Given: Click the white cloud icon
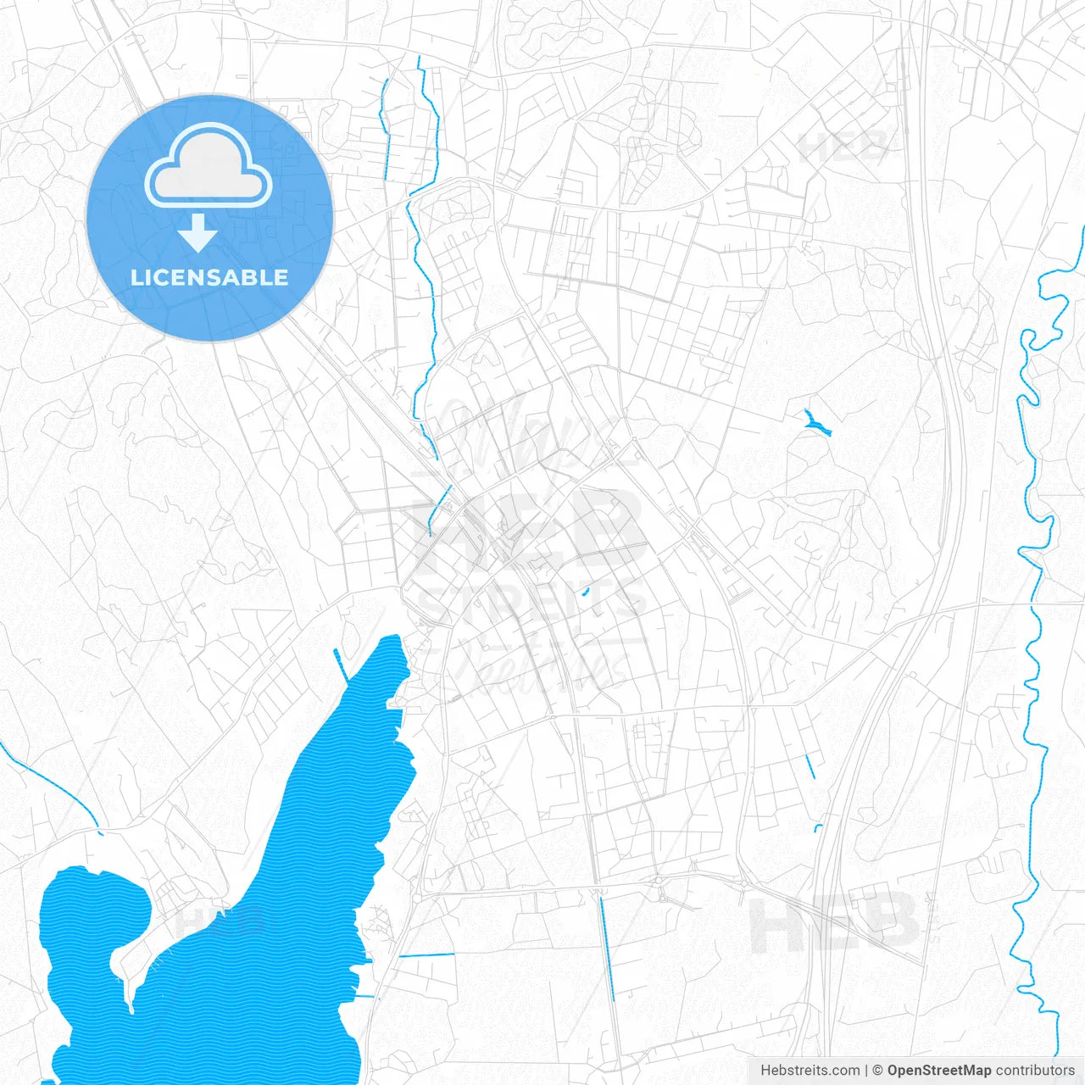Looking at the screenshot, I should coord(209,165).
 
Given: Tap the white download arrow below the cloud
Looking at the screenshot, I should coord(198,233).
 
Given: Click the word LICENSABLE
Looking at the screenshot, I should coord(209,277).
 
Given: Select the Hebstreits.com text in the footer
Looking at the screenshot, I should coord(810,1071).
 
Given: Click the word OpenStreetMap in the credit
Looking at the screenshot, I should coord(938,1071).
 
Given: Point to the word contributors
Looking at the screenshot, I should coord(1035,1071).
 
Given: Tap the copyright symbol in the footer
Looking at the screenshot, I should coord(878,1071).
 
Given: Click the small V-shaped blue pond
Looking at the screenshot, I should coord(817,423).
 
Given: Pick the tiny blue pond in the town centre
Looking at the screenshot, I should coord(585,592).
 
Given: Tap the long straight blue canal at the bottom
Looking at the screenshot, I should coord(607,949).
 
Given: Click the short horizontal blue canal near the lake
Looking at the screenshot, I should coord(426,955).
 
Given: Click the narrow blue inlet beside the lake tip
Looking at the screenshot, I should coord(341,664).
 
